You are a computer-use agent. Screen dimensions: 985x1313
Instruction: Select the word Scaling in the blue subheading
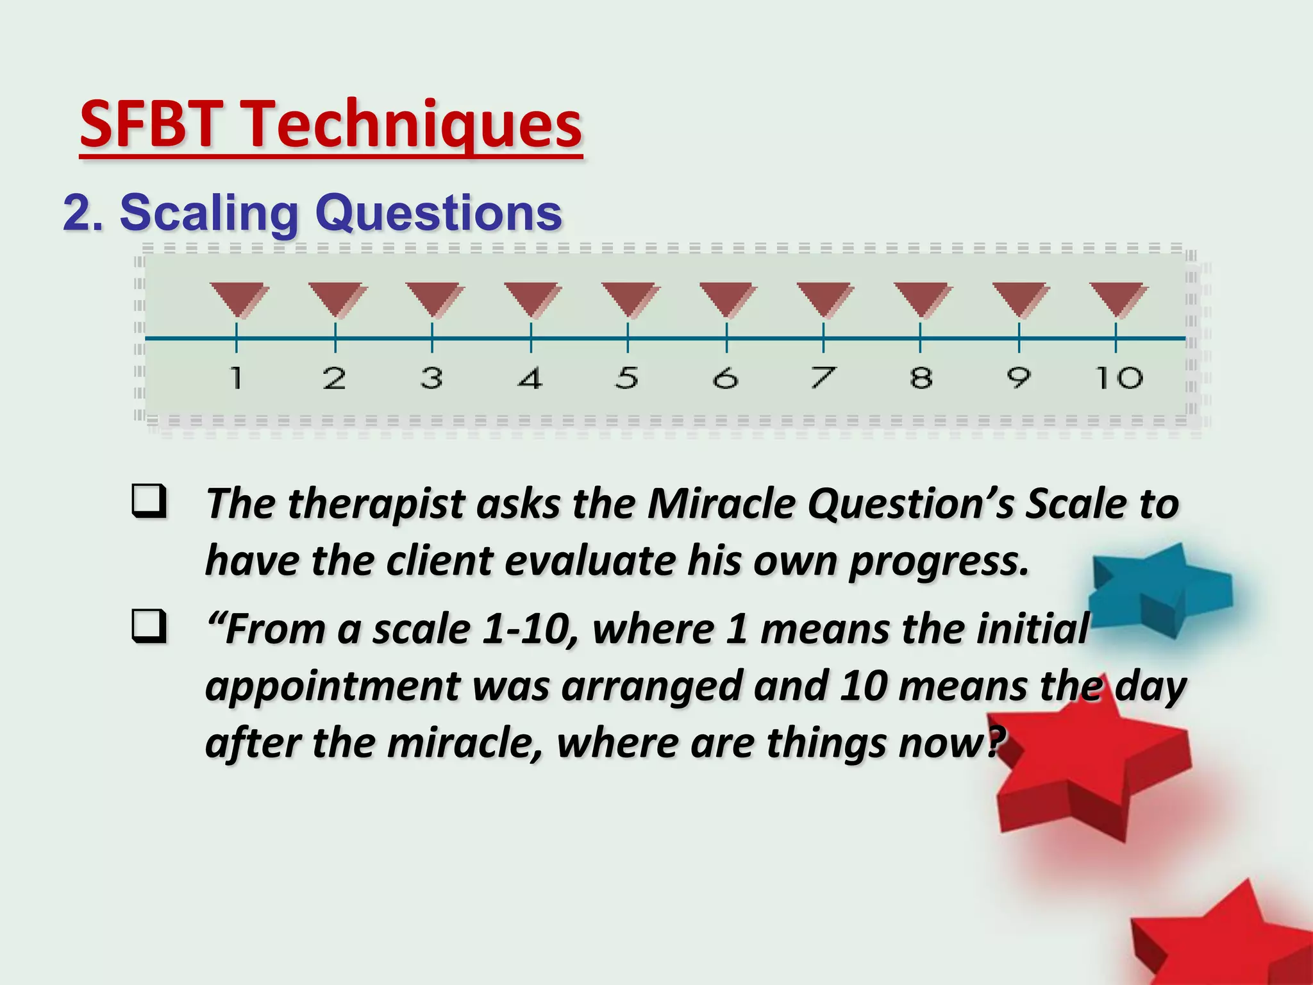tap(209, 213)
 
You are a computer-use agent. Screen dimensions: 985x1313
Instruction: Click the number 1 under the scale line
tap(237, 378)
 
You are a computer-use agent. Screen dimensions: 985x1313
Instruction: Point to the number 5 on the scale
tap(627, 378)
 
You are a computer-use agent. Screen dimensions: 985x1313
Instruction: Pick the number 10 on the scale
tap(1118, 378)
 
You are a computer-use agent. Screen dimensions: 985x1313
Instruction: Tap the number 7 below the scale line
tap(823, 378)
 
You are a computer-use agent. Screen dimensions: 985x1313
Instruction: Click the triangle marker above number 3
tap(433, 299)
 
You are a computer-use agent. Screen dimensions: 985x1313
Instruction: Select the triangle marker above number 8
tap(922, 299)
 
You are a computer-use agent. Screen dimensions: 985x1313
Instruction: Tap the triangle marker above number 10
tap(1117, 299)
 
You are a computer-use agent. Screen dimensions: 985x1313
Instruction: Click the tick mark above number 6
tap(726, 337)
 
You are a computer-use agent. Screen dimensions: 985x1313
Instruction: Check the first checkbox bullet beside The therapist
tap(149, 502)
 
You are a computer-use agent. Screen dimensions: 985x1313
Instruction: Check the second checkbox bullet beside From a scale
tap(149, 627)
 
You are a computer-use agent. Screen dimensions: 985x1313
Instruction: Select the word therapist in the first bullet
tap(376, 504)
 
